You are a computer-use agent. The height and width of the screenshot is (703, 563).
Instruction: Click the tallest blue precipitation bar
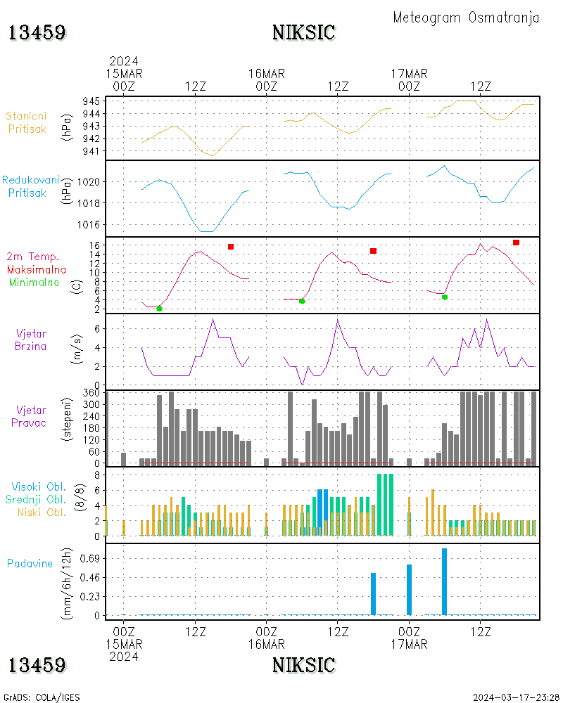coord(445,581)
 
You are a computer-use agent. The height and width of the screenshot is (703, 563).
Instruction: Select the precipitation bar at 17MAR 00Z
coord(409,590)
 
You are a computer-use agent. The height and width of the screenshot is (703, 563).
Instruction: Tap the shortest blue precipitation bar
coord(373,594)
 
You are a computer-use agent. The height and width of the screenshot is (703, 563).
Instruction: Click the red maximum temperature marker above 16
coord(517,243)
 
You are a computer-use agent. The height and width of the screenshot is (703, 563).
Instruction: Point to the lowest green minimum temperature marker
coord(159,309)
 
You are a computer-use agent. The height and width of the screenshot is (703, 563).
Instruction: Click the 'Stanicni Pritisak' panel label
coord(27,122)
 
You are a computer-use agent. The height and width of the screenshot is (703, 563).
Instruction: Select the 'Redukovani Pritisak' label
coord(30,186)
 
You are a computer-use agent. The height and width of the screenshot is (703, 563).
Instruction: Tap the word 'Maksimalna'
coord(37,270)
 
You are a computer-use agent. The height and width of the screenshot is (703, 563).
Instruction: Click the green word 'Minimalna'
coord(34,283)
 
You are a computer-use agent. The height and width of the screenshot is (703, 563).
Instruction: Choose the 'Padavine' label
coord(30,564)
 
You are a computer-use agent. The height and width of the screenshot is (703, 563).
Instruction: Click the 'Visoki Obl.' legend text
coord(39,487)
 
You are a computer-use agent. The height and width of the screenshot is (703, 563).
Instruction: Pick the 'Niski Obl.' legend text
coord(42,512)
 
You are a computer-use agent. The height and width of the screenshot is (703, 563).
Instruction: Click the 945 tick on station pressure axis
coord(91,101)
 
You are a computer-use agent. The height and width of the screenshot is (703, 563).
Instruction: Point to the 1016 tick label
coord(89,225)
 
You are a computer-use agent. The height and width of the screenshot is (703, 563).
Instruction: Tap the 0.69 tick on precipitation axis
coord(90,559)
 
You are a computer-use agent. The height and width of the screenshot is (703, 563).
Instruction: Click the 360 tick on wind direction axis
coord(91,393)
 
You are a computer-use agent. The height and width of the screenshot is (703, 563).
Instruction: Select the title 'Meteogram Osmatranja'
coord(466,18)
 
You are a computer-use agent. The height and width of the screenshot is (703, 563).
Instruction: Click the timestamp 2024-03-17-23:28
coord(516,697)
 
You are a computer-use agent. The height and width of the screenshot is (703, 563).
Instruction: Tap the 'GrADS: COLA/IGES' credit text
coord(42,697)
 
